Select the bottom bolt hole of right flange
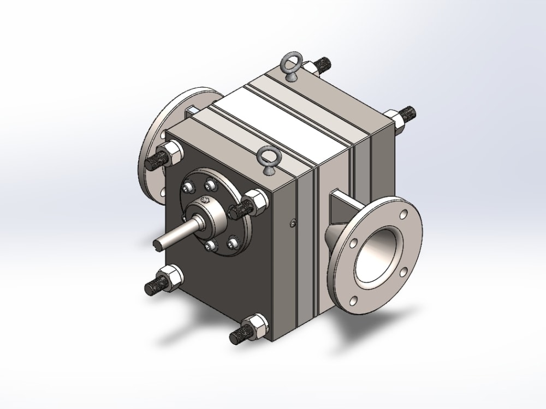coord(353,299)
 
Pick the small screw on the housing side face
coord(293,221)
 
